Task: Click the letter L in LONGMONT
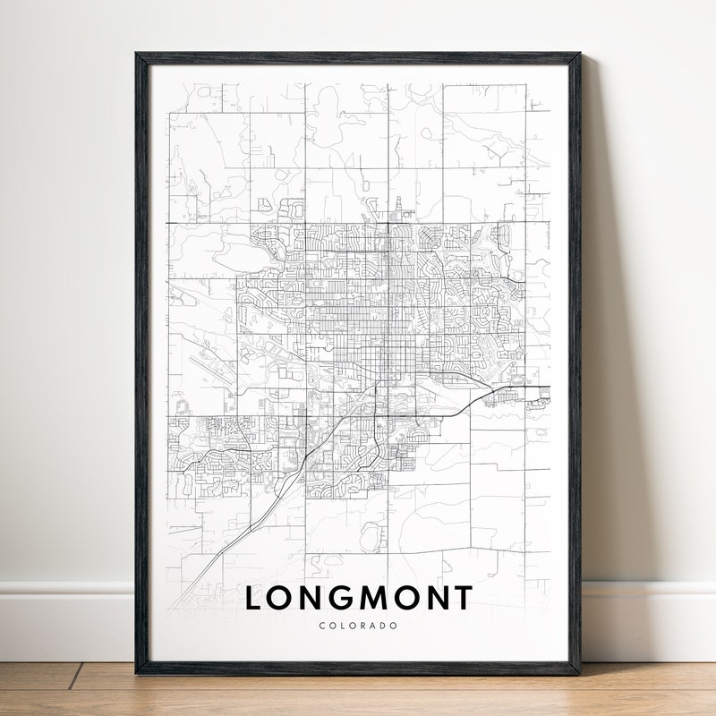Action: tap(255, 598)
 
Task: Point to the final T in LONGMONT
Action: tap(462, 598)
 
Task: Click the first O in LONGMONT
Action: tap(282, 598)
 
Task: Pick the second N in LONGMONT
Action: tap(435, 598)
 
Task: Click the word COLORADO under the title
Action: tap(358, 626)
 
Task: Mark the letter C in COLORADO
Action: tap(322, 626)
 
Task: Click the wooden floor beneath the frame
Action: tap(358, 694)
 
